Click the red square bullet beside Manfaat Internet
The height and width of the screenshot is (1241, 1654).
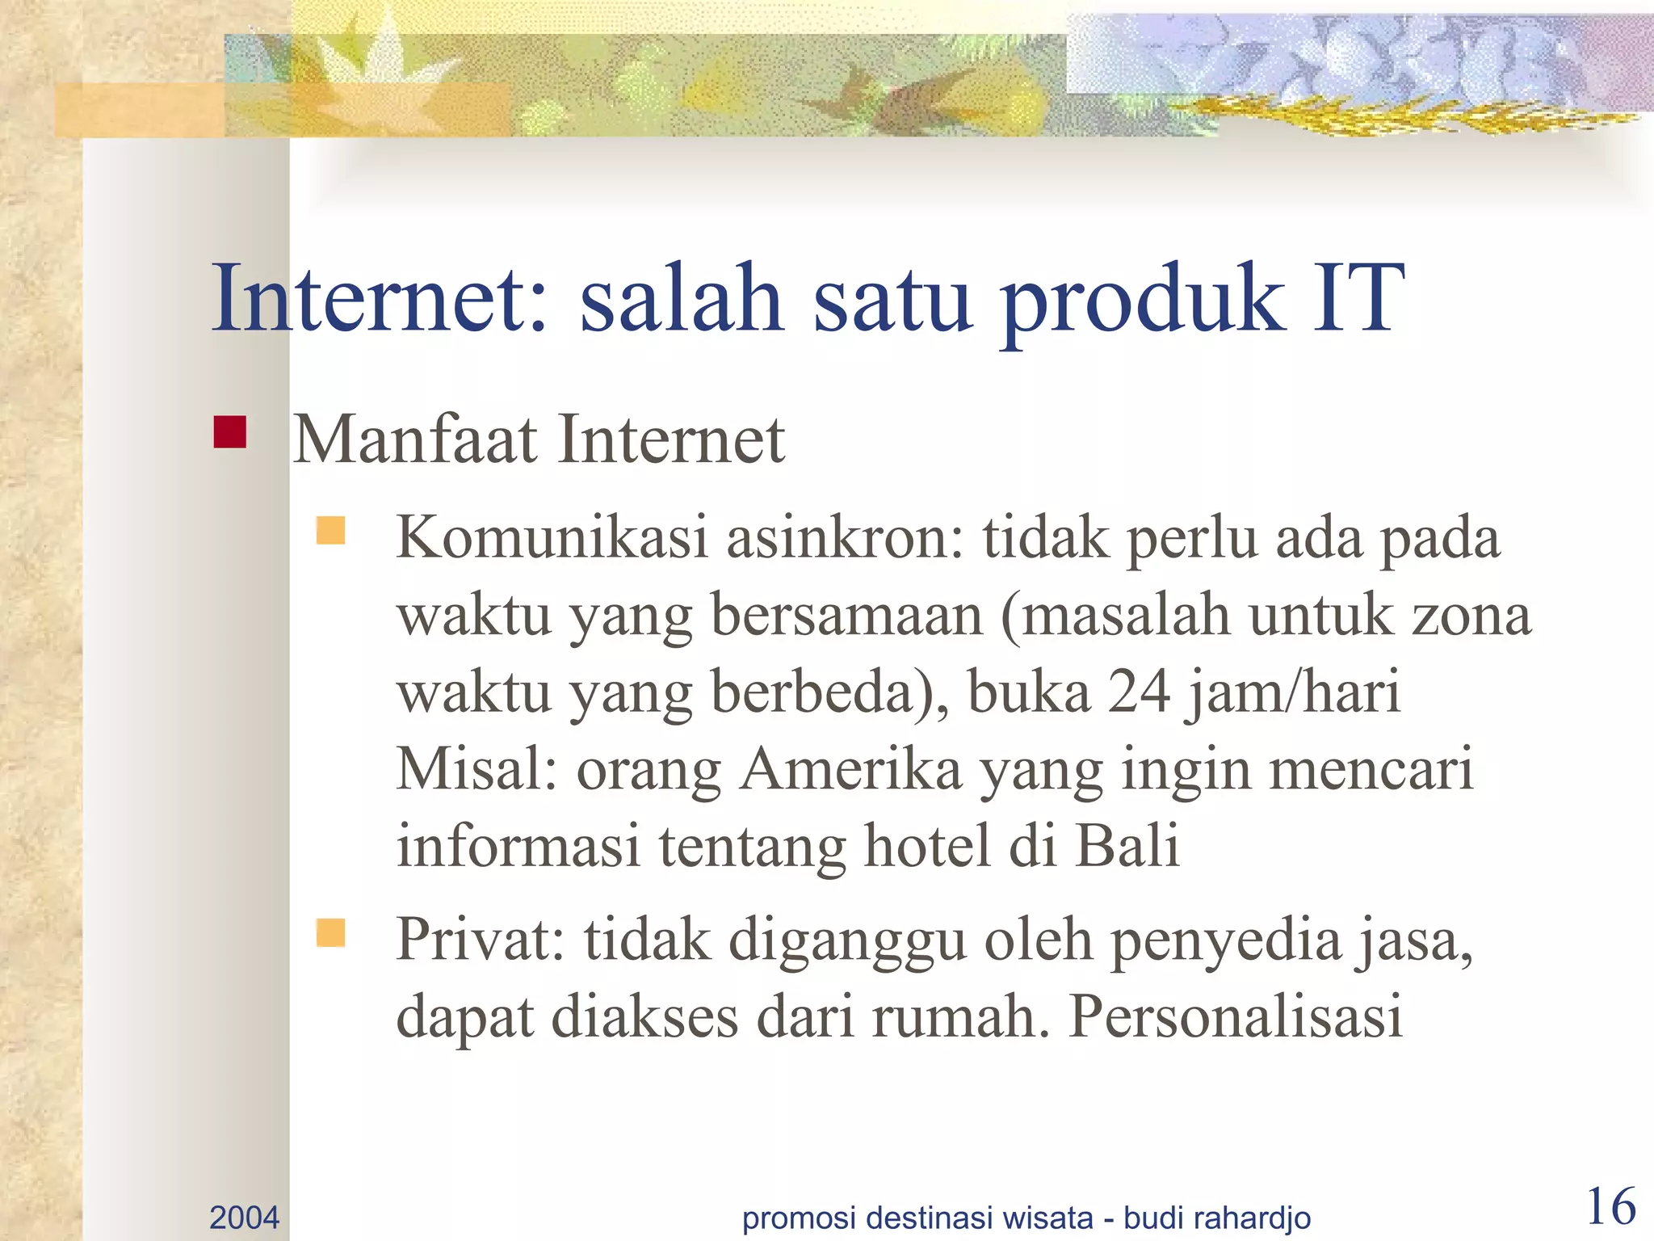(229, 431)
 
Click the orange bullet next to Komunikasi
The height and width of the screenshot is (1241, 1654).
(330, 531)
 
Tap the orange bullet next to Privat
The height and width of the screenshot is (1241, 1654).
(330, 932)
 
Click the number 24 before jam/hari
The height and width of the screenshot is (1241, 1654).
(1138, 692)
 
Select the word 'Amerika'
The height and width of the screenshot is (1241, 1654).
(850, 768)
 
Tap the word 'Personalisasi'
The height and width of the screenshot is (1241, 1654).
(1236, 1016)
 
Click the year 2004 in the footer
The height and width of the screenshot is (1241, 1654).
(244, 1217)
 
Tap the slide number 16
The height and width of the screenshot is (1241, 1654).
(1611, 1207)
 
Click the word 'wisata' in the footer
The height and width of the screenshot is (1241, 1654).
(1047, 1217)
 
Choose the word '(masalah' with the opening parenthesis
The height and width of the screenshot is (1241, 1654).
(1115, 616)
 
